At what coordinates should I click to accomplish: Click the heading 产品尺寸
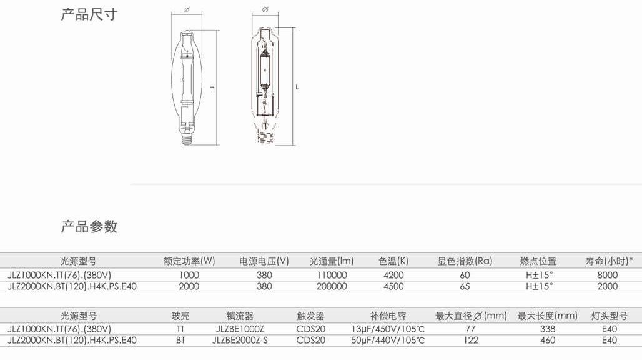[89, 14]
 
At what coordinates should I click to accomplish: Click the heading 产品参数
[89, 226]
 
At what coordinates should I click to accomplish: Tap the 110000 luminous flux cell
[332, 275]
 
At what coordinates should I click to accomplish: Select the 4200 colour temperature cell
[393, 275]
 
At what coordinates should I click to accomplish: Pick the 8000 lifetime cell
[607, 275]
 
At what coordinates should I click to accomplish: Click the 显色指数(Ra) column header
[465, 261]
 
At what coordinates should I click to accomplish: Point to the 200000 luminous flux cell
[332, 286]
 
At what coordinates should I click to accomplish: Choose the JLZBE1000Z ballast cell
[240, 329]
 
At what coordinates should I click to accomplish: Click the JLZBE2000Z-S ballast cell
[240, 341]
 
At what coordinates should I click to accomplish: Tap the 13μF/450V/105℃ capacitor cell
[388, 329]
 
